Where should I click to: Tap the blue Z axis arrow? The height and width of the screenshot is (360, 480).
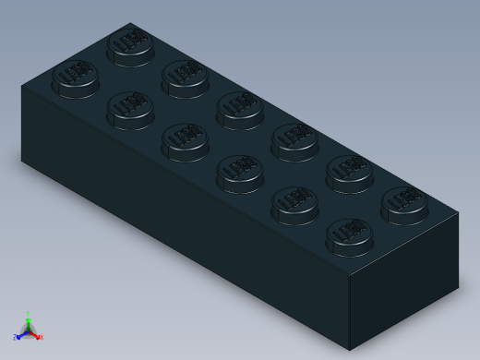18,336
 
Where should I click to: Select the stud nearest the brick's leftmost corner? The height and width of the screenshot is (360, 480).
76,78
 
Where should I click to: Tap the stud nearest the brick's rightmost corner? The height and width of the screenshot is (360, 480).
404,204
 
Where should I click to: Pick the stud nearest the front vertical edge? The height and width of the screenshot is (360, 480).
350,235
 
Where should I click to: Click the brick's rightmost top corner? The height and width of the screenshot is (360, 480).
458,213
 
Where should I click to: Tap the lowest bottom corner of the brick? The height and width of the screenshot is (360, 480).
350,350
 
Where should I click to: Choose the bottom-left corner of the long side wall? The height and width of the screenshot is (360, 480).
22,159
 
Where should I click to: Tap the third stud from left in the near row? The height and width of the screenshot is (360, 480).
185,140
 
